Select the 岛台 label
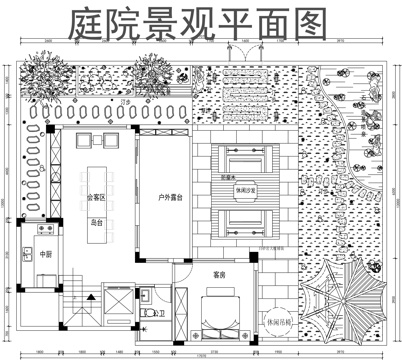pyautogui.click(x=96, y=222)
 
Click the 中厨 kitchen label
pyautogui.click(x=45, y=255)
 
